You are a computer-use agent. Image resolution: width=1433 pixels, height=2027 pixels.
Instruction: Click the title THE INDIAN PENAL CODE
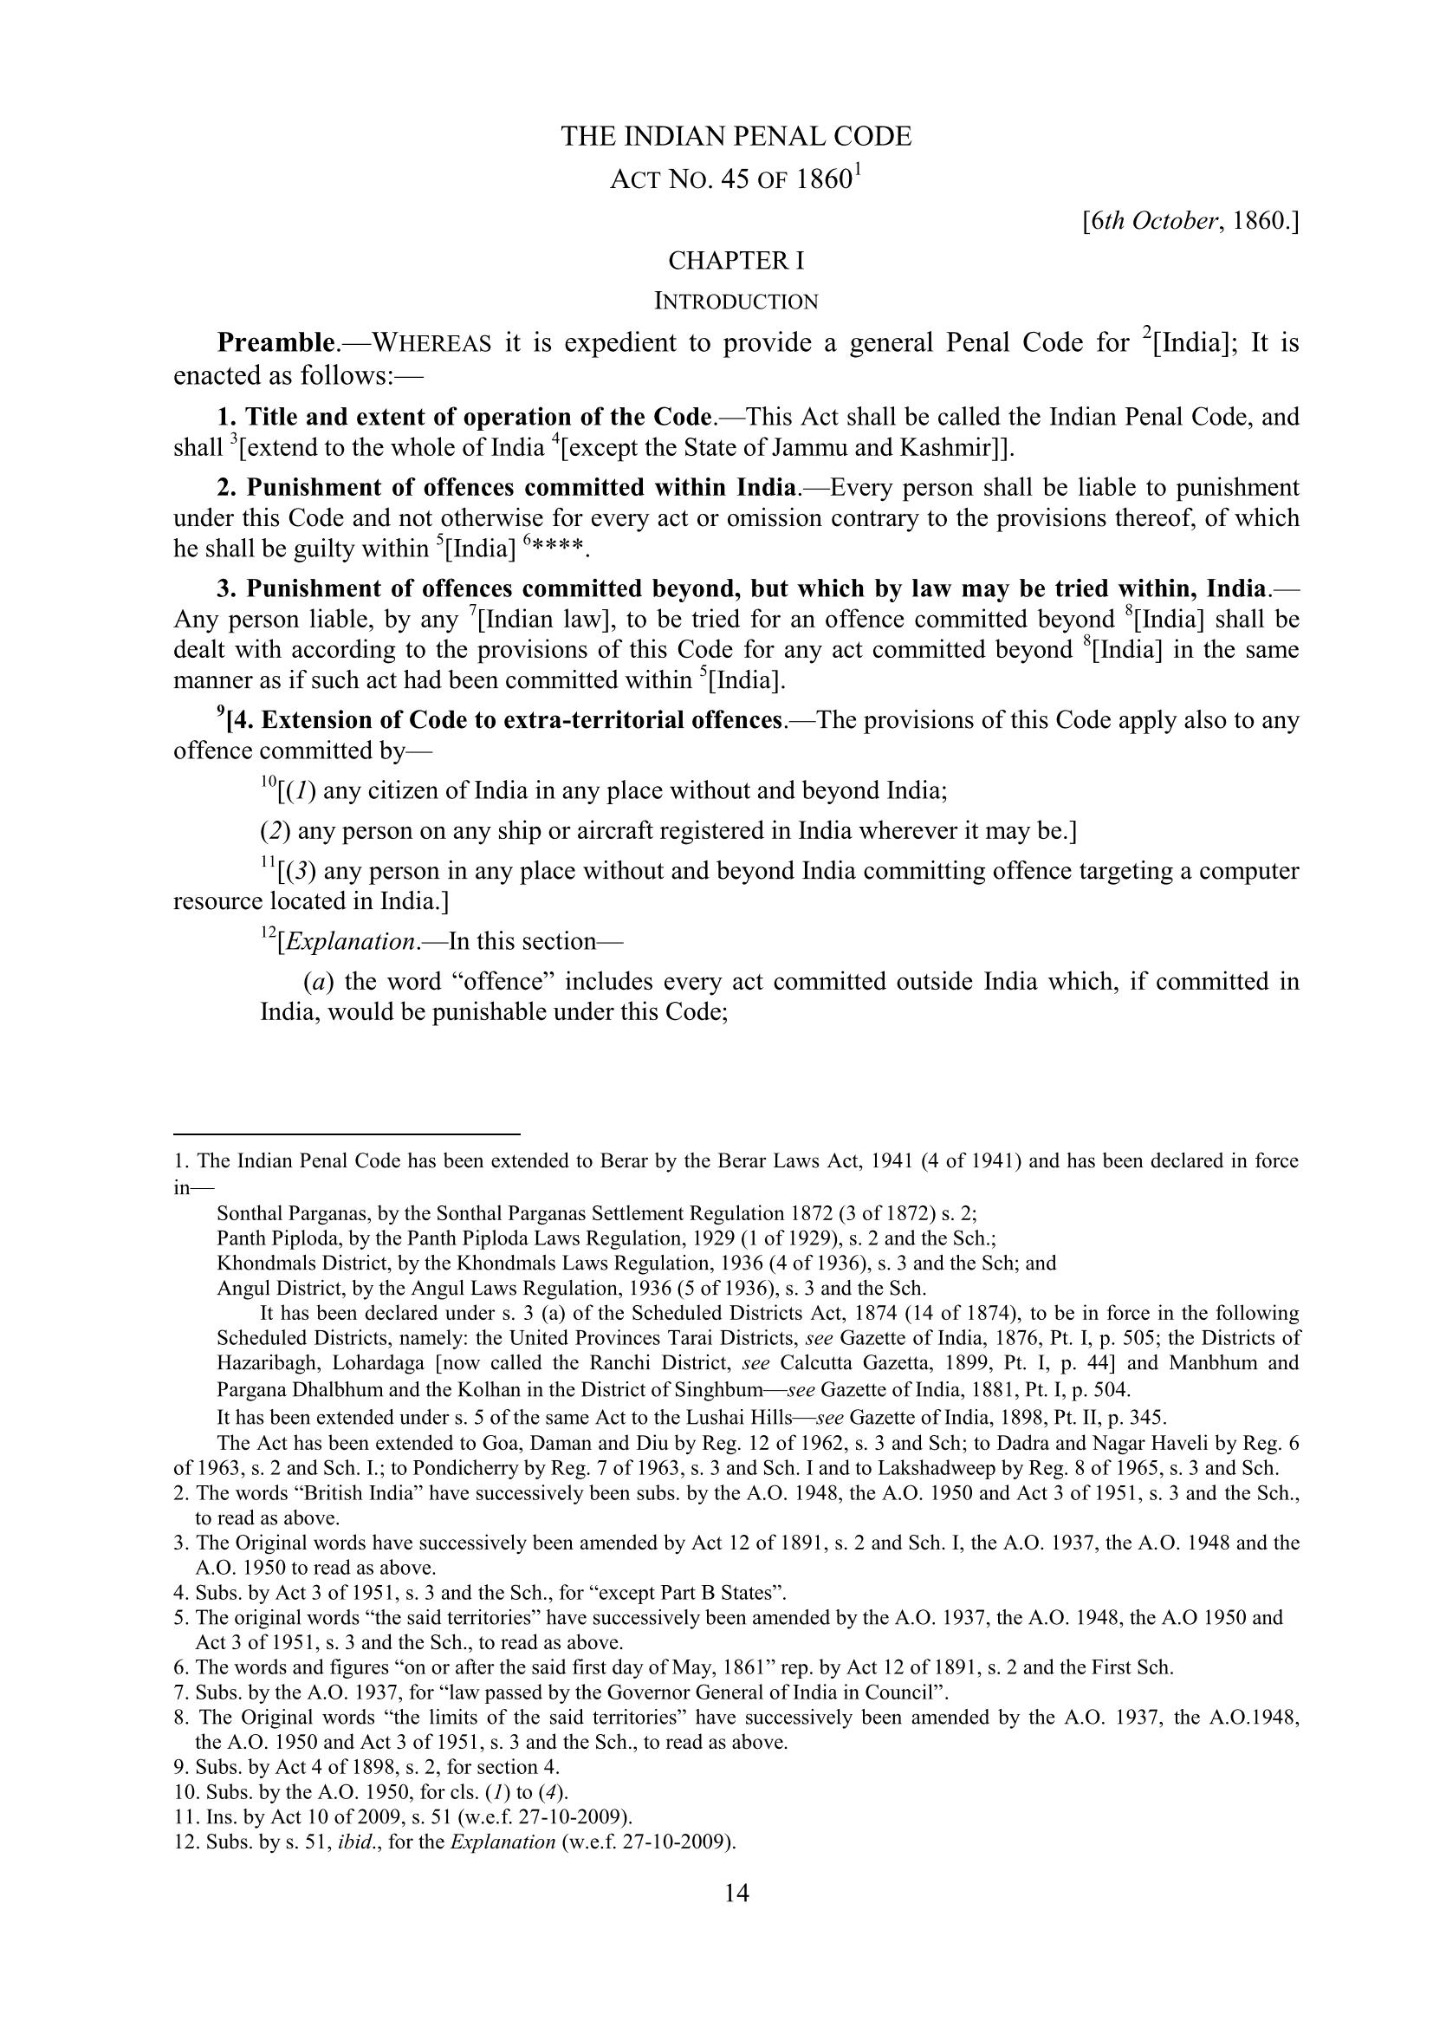click(x=736, y=137)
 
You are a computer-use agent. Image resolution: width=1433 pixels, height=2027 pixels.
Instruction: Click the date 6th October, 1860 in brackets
click(x=1190, y=221)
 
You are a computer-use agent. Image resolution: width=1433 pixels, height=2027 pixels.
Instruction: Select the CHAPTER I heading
click(x=736, y=262)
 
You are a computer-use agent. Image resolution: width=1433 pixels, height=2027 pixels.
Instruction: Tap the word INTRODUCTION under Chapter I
click(x=736, y=302)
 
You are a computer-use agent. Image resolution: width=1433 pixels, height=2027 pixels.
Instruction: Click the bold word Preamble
click(x=275, y=342)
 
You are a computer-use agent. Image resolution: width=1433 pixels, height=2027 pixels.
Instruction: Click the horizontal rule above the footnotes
click(x=347, y=1134)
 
